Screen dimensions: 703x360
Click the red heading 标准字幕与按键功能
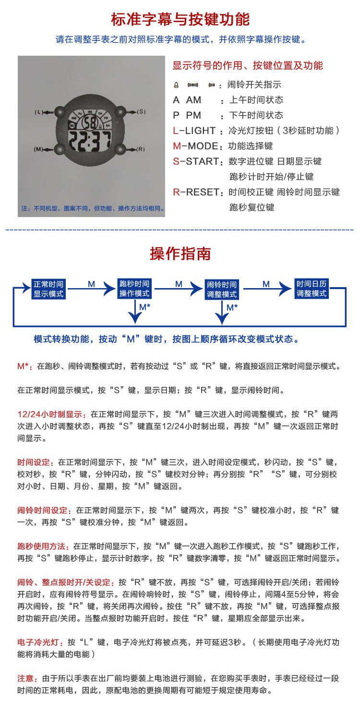(x=180, y=20)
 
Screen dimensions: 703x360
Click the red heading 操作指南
(x=180, y=254)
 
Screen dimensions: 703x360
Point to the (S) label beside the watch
(x=141, y=111)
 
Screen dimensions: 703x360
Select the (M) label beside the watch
(x=39, y=149)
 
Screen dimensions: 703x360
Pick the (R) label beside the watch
(x=141, y=149)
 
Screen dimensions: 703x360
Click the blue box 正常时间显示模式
(x=48, y=289)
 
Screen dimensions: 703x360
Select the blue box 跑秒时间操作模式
(x=135, y=289)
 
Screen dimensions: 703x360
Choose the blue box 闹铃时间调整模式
(x=222, y=289)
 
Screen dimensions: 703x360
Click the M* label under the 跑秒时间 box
(x=144, y=306)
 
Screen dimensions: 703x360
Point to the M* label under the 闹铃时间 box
(x=232, y=306)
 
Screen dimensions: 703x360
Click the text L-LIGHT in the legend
(x=195, y=131)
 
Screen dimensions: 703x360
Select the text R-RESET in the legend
(x=196, y=192)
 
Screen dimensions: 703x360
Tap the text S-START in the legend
(x=197, y=161)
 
